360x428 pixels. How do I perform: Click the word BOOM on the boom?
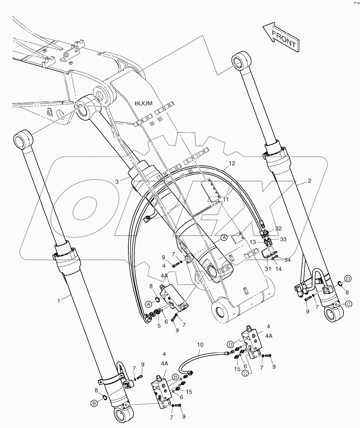(x=143, y=104)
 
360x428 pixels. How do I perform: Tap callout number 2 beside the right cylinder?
(x=310, y=181)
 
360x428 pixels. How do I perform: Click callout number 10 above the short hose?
(x=200, y=345)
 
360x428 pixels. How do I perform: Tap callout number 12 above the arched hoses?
(x=232, y=163)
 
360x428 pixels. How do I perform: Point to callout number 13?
(x=252, y=242)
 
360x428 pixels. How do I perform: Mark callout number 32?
(x=279, y=228)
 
